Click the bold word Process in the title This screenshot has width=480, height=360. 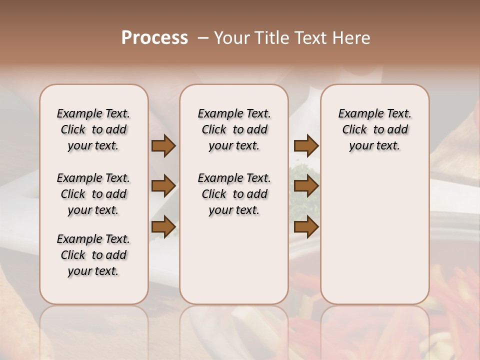coord(154,37)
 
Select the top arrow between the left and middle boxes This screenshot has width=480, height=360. coord(163,145)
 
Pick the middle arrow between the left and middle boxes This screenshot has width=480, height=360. coord(163,186)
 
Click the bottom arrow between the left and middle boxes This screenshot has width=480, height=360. coord(163,227)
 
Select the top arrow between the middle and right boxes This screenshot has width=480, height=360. coord(306,145)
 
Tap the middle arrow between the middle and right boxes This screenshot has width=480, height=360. coord(306,186)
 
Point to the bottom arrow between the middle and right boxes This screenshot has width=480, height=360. coord(306,227)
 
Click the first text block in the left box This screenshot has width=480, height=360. coord(93,129)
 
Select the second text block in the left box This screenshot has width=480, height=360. coord(93,194)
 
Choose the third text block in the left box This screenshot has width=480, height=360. coord(93,255)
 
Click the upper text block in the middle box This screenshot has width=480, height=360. coord(234,129)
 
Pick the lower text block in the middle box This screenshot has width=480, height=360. coord(234,194)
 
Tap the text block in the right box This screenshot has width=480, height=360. coord(374,129)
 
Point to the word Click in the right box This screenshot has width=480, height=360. coord(354,130)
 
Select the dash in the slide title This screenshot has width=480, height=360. coord(203,37)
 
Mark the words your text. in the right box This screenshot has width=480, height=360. coord(374,146)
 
